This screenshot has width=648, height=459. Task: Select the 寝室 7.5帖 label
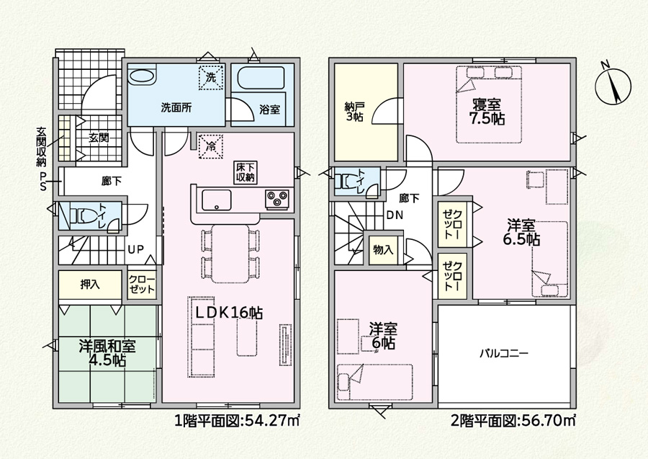point(487,112)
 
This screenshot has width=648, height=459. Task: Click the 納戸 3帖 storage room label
point(354,111)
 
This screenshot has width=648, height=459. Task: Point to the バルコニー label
point(504,354)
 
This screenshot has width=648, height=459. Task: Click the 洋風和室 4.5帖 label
point(107,353)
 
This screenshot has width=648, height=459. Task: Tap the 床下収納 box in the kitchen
point(246,173)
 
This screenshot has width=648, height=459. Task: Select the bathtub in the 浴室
point(261,78)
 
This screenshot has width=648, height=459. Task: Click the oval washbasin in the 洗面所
point(141,76)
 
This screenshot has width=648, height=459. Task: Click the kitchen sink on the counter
point(216,200)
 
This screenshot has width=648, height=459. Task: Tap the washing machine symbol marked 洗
point(211,77)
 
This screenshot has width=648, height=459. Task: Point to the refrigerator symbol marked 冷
point(211,146)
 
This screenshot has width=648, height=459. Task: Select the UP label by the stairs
point(136,249)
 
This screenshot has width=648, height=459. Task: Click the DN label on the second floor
point(395,215)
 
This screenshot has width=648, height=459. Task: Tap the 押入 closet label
point(90,285)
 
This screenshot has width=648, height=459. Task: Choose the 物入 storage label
point(383,250)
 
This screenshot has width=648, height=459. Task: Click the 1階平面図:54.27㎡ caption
point(237,421)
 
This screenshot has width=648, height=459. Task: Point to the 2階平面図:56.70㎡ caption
point(513,421)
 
